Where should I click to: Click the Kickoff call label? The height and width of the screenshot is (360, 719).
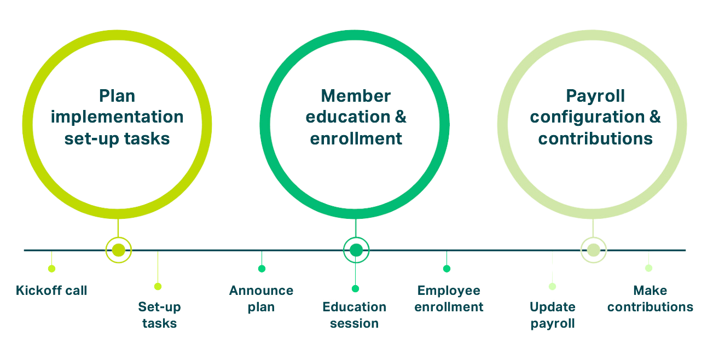tap(51, 290)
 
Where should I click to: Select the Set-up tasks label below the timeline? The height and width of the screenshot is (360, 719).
tap(159, 315)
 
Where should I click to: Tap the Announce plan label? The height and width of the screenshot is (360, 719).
tap(261, 298)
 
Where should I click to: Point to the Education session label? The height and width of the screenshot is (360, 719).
tap(355, 315)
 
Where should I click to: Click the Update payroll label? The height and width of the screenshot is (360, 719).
tap(552, 315)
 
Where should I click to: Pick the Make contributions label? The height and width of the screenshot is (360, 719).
tap(650, 298)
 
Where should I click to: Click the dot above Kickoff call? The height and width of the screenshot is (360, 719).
tap(51, 268)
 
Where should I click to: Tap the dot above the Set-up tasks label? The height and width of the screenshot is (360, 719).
tap(158, 286)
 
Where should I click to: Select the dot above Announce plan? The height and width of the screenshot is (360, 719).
tap(262, 268)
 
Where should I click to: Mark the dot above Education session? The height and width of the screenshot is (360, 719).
tap(356, 288)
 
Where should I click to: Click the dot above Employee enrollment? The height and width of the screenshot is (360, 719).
tap(447, 268)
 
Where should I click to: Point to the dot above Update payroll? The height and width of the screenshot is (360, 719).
tap(552, 286)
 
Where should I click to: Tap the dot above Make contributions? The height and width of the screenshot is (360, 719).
tap(648, 268)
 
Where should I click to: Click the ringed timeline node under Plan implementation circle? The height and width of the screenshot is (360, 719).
tap(118, 250)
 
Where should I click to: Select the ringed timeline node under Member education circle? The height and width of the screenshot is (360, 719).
tap(356, 250)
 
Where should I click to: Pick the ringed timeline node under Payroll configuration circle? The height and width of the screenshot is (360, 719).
tap(593, 250)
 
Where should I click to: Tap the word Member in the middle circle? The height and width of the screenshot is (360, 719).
tap(356, 97)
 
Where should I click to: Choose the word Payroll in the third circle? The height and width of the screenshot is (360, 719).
tap(595, 97)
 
